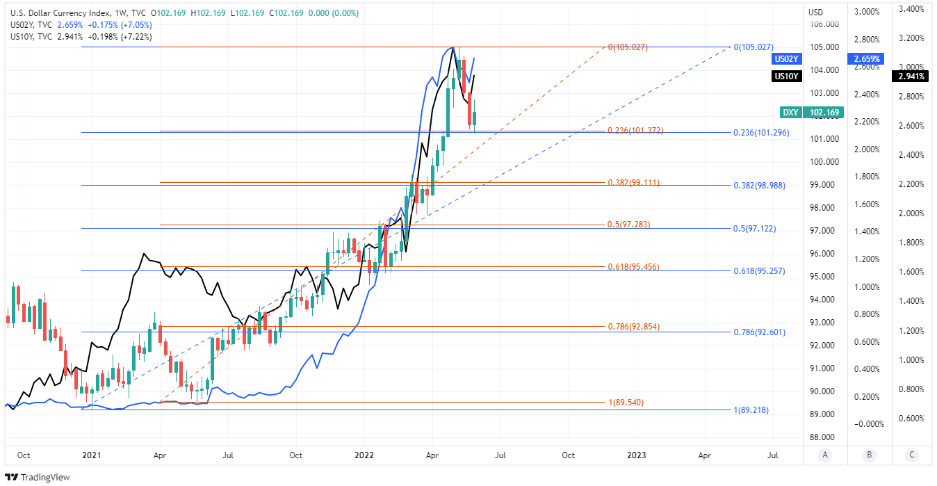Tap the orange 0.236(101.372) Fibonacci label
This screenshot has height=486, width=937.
(x=635, y=131)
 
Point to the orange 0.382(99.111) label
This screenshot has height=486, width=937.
(x=634, y=183)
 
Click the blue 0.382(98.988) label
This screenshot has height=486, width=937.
(x=759, y=186)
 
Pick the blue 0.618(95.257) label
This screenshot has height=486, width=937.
(x=759, y=271)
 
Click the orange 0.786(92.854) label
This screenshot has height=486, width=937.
(x=634, y=326)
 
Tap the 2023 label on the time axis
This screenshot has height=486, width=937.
(x=636, y=455)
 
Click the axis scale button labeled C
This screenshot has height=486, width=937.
(x=911, y=455)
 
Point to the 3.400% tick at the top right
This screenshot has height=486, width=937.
(x=911, y=9)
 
